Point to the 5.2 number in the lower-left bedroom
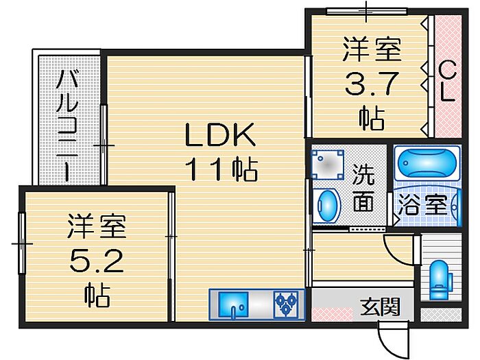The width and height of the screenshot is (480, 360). pyautogui.click(x=97, y=260)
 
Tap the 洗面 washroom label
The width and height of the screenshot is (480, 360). pyautogui.click(x=364, y=188)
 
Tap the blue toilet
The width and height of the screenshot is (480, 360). pyautogui.click(x=439, y=280)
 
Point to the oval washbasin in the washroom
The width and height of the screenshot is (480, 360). pyautogui.click(x=328, y=205)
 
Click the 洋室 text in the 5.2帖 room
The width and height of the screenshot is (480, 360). pyautogui.click(x=97, y=226)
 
